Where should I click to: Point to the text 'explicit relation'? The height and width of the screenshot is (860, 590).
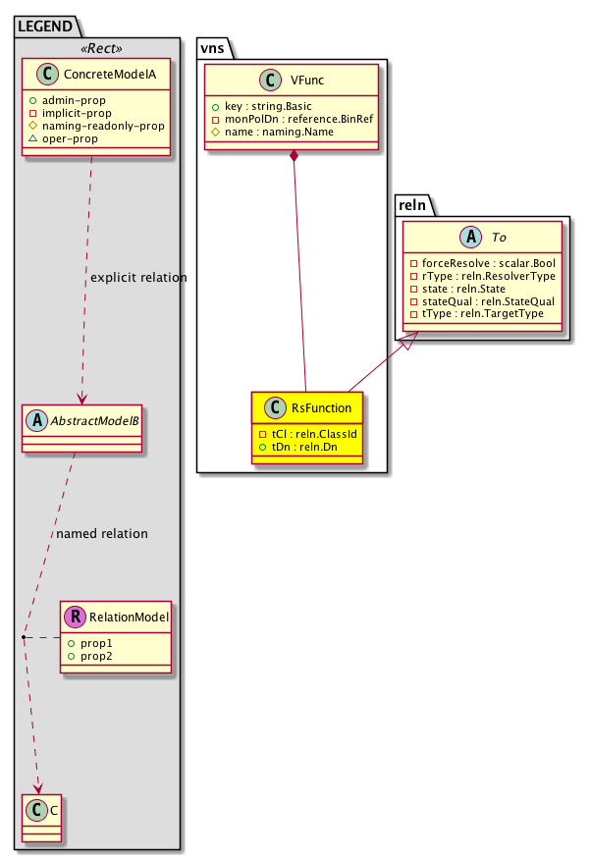(x=138, y=278)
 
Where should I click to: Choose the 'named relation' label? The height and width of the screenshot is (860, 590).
(x=102, y=534)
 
